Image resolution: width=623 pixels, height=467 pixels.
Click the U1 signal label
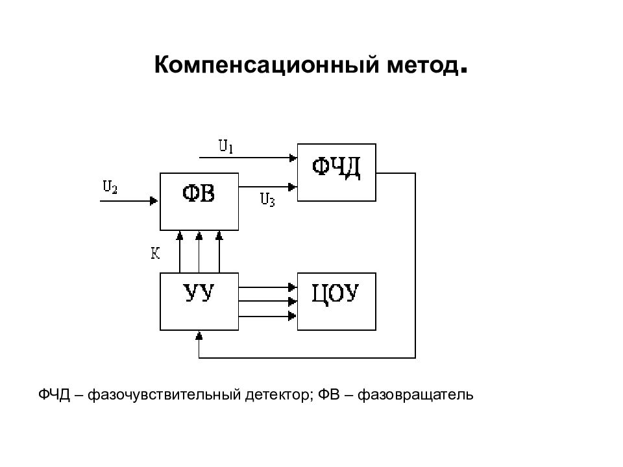pyautogui.click(x=226, y=147)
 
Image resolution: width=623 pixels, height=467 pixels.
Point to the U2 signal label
pyautogui.click(x=110, y=187)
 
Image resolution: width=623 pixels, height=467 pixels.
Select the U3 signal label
pyautogui.click(x=267, y=200)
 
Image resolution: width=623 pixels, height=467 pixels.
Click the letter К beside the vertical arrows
pyautogui.click(x=155, y=253)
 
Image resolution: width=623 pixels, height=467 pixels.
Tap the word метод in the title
pyautogui.click(x=423, y=66)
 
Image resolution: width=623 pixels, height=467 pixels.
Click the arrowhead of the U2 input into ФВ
pyautogui.click(x=154, y=201)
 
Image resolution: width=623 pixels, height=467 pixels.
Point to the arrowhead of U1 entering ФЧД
pyautogui.click(x=293, y=158)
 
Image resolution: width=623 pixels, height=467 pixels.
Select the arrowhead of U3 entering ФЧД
pyautogui.click(x=293, y=187)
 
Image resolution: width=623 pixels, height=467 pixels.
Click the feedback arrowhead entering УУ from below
pyautogui.click(x=199, y=335)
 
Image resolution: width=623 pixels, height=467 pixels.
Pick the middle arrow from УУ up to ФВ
pyautogui.click(x=199, y=252)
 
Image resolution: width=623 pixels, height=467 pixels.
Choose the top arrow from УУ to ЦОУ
pyautogui.click(x=268, y=287)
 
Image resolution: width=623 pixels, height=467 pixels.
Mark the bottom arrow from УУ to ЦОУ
pyautogui.click(x=268, y=316)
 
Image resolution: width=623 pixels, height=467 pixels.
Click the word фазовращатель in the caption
pyautogui.click(x=415, y=396)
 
